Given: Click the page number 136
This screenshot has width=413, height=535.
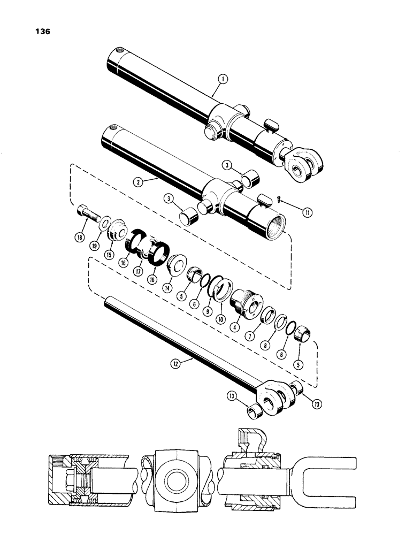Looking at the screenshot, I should (x=41, y=32).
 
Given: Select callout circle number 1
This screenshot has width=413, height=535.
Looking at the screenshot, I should (x=223, y=79).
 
